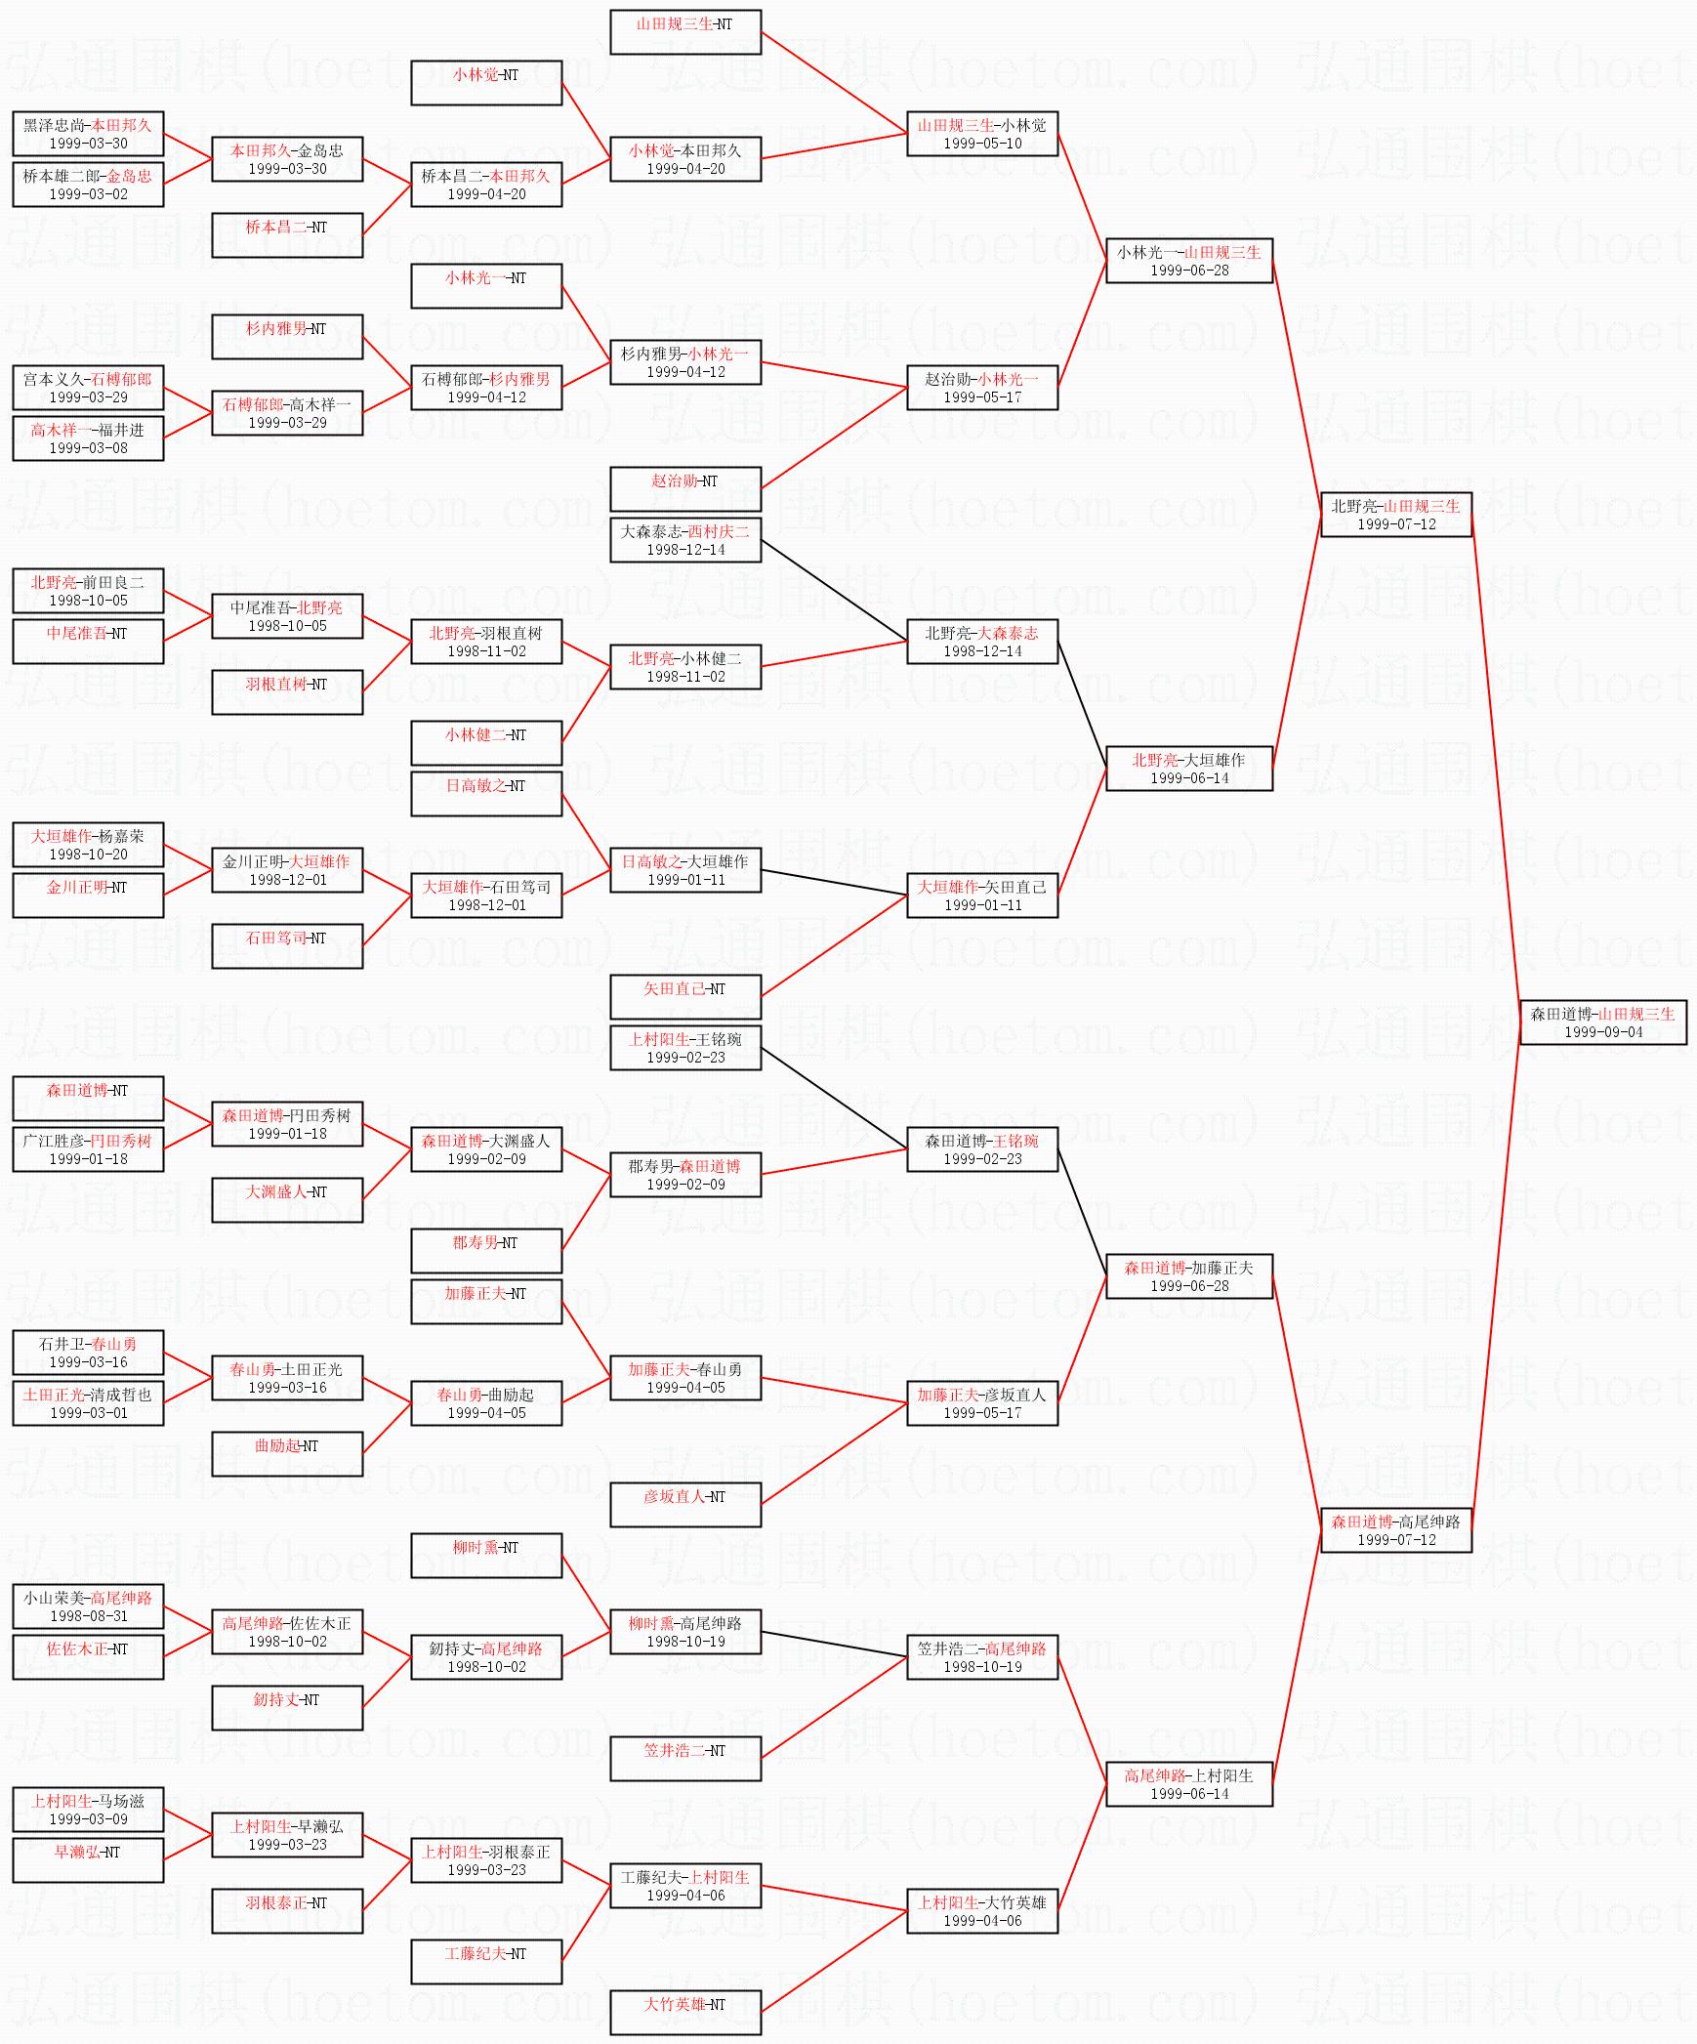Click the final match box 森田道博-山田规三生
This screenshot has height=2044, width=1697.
pyautogui.click(x=1603, y=1022)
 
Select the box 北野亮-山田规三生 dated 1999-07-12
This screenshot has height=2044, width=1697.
pyautogui.click(x=1396, y=514)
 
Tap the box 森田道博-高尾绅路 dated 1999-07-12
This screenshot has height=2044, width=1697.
pyautogui.click(x=1396, y=1529)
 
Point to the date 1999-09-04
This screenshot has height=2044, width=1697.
pyautogui.click(x=1603, y=1032)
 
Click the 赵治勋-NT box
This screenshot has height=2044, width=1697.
pyautogui.click(x=685, y=488)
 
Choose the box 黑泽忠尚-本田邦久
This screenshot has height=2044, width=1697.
pyautogui.click(x=88, y=133)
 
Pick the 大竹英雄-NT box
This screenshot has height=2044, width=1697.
pyautogui.click(x=685, y=2012)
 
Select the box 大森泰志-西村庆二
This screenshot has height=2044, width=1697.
pyautogui.click(x=685, y=539)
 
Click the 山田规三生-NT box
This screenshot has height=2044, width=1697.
pyautogui.click(x=685, y=31)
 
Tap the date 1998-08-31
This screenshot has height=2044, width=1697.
pyautogui.click(x=88, y=1616)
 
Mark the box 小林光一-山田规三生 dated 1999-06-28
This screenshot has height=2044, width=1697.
pyautogui.click(x=1189, y=260)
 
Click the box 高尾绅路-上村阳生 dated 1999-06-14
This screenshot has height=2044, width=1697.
pyautogui.click(x=1189, y=1783)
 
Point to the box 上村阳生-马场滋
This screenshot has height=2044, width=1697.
pyautogui.click(x=88, y=1809)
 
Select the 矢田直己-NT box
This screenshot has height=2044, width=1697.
pyautogui.click(x=685, y=996)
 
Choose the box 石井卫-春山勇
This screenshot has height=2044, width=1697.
pyautogui.click(x=88, y=1352)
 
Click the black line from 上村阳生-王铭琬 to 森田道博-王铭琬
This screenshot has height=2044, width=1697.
pyautogui.click(x=835, y=1099)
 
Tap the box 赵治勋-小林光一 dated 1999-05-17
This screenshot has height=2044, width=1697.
pyautogui.click(x=982, y=387)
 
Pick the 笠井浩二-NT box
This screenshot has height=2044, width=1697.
pyautogui.click(x=685, y=1758)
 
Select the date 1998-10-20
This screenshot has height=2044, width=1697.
pyautogui.click(x=88, y=855)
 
